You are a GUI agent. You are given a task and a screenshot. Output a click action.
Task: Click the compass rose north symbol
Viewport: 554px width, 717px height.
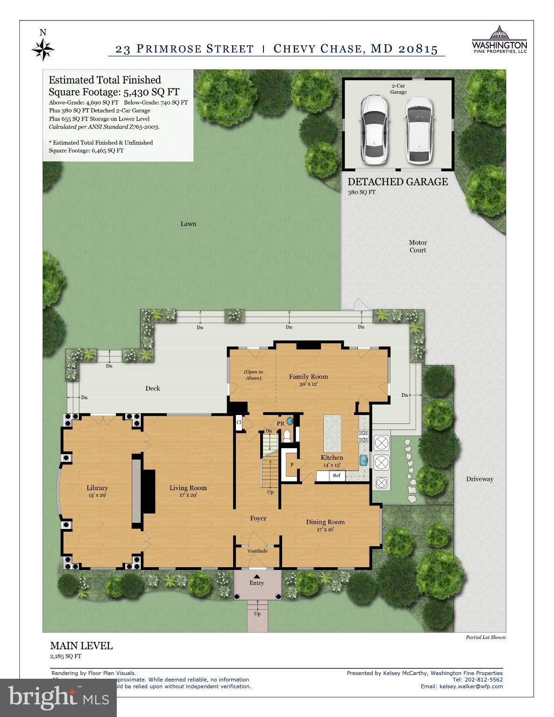point(43,48)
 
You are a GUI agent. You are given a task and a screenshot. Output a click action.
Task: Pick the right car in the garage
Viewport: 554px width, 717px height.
point(419,130)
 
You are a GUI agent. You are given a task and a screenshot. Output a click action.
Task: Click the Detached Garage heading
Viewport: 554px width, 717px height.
point(398,182)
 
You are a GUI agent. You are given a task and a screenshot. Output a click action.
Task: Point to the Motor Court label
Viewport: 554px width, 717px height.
point(418,246)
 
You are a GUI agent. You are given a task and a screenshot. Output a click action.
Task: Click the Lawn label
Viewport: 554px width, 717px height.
point(188,224)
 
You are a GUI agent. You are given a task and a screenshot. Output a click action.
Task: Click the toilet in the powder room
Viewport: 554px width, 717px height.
point(287,436)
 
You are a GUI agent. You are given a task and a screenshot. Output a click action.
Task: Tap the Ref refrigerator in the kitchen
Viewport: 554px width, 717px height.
point(336,476)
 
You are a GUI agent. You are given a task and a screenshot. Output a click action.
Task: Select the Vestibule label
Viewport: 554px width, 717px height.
point(257,551)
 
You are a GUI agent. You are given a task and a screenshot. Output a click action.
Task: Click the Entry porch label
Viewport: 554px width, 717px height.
point(256,583)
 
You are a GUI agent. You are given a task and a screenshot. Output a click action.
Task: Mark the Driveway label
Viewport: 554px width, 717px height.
point(479,479)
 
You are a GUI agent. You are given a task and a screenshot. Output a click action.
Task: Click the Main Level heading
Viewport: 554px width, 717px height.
point(81,646)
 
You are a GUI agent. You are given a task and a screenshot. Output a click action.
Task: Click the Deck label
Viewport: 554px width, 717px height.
point(153,388)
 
